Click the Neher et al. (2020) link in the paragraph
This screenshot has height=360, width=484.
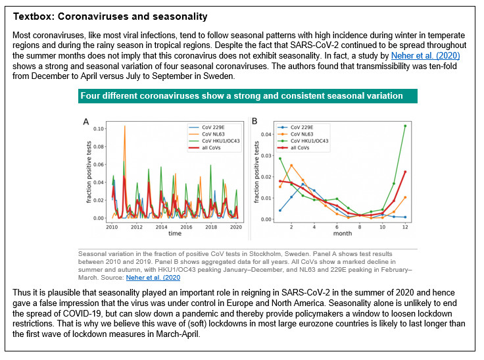point(425,56)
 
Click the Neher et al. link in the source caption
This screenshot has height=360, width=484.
point(153,278)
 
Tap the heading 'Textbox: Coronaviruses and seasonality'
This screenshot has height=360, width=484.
point(110,16)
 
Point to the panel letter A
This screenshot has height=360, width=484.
point(86,122)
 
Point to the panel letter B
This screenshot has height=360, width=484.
point(254,121)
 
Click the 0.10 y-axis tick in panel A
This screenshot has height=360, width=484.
point(99,128)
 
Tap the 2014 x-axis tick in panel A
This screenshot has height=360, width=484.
point(161,227)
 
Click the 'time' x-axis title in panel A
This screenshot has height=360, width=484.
point(175,233)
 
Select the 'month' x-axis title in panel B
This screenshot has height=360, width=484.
point(343,233)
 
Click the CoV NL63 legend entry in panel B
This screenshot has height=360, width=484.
point(295,134)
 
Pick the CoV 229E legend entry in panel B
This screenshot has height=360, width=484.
point(295,127)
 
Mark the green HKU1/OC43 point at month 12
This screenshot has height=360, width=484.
point(405,126)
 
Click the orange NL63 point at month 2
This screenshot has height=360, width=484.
point(291,166)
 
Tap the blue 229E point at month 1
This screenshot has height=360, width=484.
point(280,211)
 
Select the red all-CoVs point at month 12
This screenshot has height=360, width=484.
point(405,172)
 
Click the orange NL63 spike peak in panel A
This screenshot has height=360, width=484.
point(125,126)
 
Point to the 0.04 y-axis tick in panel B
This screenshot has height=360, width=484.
point(266,134)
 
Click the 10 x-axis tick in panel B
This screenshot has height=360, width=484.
point(383,227)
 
